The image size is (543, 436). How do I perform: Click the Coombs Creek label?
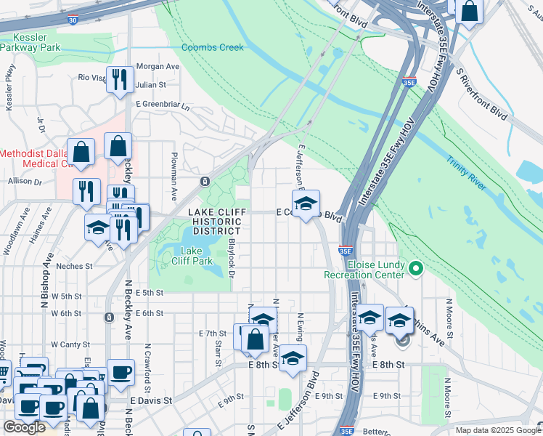(212, 47)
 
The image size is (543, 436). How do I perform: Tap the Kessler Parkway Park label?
(30, 42)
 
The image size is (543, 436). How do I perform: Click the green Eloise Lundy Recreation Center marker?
(415, 269)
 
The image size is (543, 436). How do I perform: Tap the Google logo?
(24, 427)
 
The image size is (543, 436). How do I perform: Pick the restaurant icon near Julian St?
(120, 79)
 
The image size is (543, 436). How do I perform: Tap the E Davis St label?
(151, 400)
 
